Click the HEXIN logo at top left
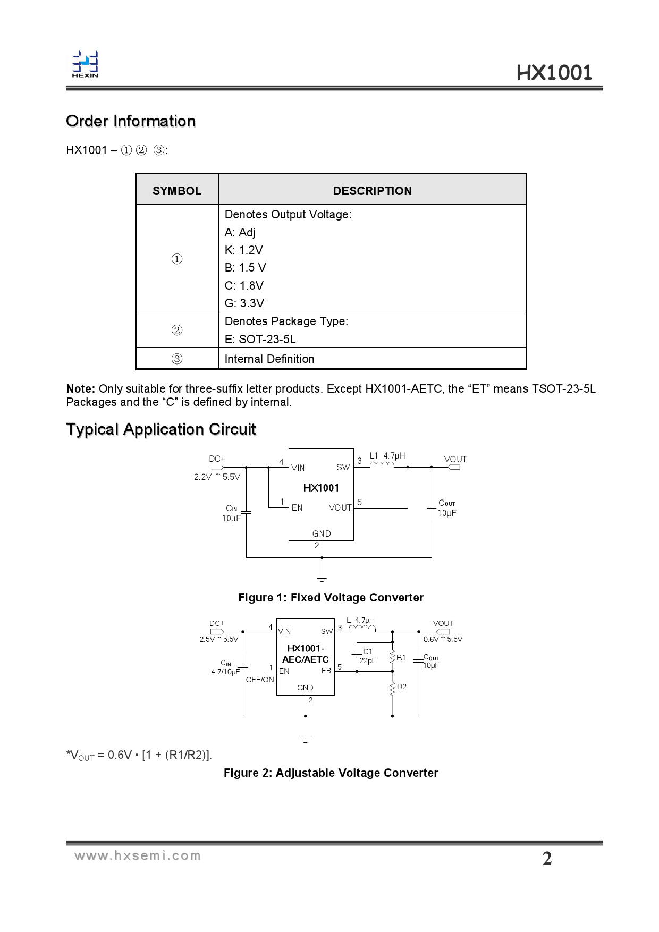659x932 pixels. point(85,64)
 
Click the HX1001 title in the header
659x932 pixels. point(554,73)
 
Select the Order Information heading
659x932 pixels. point(131,121)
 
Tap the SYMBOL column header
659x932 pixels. point(177,191)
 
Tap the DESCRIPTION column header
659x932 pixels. point(372,191)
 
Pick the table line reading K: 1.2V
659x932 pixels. point(244,250)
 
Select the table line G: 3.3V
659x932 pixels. point(244,303)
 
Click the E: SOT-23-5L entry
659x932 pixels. point(260,339)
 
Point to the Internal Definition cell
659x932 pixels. point(269,359)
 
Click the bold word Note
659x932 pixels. point(80,388)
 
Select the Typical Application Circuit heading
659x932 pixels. point(161,429)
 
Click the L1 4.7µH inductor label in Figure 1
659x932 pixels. point(387,455)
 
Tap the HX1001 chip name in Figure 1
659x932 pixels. point(321,487)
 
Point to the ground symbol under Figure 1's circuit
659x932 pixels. point(321,578)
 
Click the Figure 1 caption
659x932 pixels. point(331,597)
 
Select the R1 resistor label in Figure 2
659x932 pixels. point(401,657)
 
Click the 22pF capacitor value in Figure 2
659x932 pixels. point(368,660)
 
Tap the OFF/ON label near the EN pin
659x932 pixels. point(260,680)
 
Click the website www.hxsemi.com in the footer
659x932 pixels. point(138,855)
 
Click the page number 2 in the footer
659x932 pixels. point(547,859)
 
